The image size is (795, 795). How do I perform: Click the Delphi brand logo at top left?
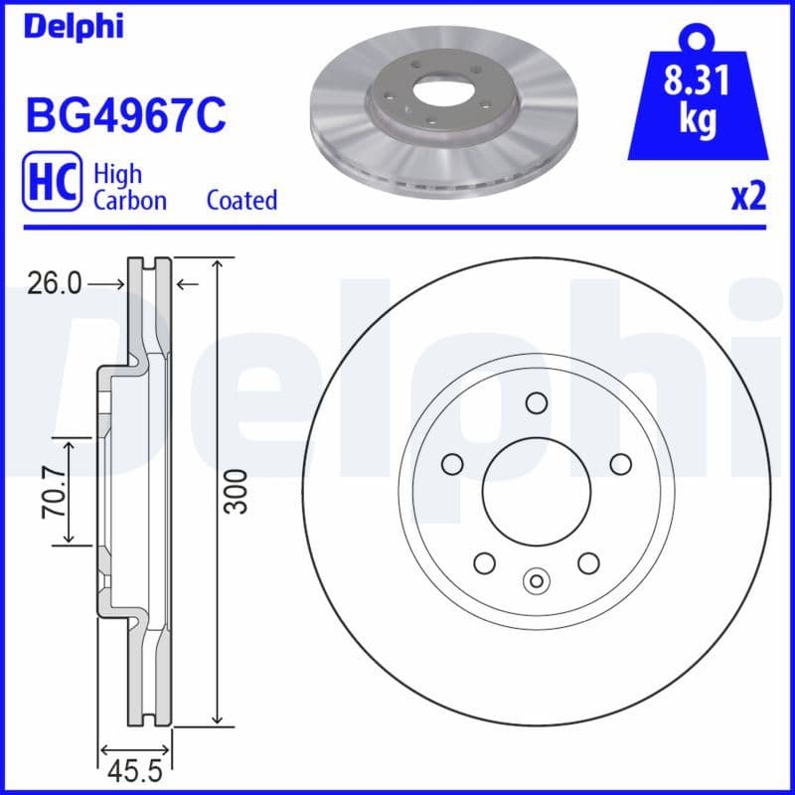(74, 27)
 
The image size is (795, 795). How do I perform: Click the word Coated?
(241, 200)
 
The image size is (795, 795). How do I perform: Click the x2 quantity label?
(748, 197)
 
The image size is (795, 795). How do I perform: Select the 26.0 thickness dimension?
(55, 284)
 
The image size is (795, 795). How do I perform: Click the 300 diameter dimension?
(236, 492)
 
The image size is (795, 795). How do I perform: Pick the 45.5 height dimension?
(135, 771)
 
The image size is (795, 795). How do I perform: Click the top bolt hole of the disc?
(537, 402)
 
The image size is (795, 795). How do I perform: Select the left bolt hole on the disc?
(452, 464)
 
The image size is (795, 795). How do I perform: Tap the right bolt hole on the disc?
(621, 464)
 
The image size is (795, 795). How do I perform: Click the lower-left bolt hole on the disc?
(484, 563)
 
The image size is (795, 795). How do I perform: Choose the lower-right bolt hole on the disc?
(588, 563)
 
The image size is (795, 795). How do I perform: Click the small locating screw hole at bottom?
(537, 581)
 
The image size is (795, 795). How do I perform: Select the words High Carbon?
(129, 187)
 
